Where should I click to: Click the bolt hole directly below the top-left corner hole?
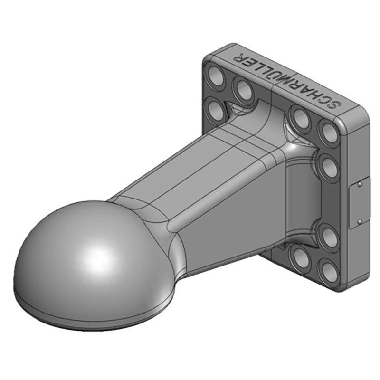click(217, 112)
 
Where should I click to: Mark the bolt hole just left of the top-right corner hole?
click(300, 116)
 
